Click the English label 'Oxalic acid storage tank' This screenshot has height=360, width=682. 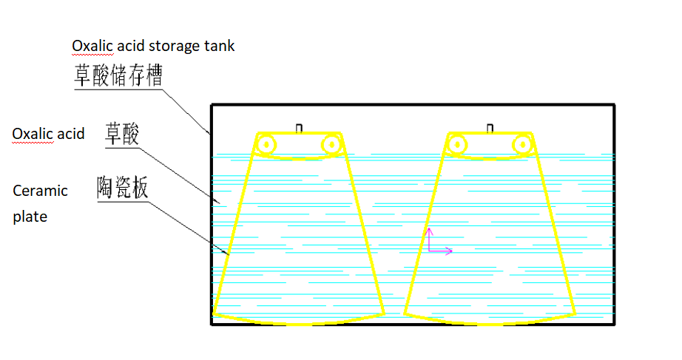[153, 46]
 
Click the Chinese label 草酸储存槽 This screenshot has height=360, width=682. [118, 75]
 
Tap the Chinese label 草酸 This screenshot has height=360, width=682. [123, 134]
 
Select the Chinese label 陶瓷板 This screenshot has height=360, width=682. [123, 188]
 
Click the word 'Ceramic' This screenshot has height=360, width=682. [41, 191]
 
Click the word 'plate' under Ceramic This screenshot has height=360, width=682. [30, 217]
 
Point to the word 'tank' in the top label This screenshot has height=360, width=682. [220, 46]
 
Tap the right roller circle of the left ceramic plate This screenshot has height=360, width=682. [330, 144]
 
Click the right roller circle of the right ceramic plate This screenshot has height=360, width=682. [522, 144]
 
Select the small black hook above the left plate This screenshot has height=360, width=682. [299, 129]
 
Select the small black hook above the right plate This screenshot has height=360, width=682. [490, 129]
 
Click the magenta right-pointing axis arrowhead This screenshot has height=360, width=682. [448, 251]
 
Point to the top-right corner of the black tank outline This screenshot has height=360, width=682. [615, 105]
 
